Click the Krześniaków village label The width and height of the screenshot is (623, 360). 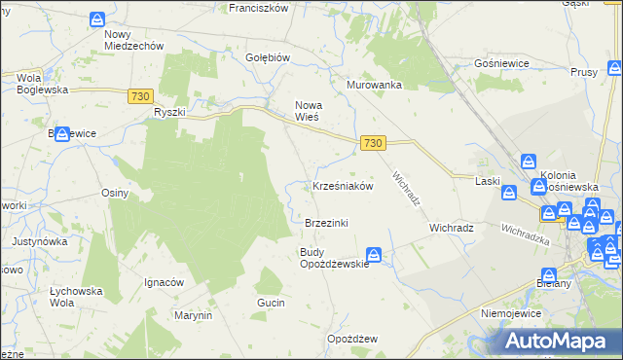(343, 186)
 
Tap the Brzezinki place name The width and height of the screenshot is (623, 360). (326, 223)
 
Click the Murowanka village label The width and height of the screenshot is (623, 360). (375, 85)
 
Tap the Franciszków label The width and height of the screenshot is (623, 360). (258, 7)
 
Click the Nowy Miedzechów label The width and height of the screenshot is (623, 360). (133, 39)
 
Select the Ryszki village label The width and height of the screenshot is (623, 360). (169, 112)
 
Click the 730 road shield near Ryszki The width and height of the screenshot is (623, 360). (139, 94)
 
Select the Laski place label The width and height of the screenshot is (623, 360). (487, 180)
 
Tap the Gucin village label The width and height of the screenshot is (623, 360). (271, 303)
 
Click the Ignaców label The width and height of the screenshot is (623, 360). (164, 282)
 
